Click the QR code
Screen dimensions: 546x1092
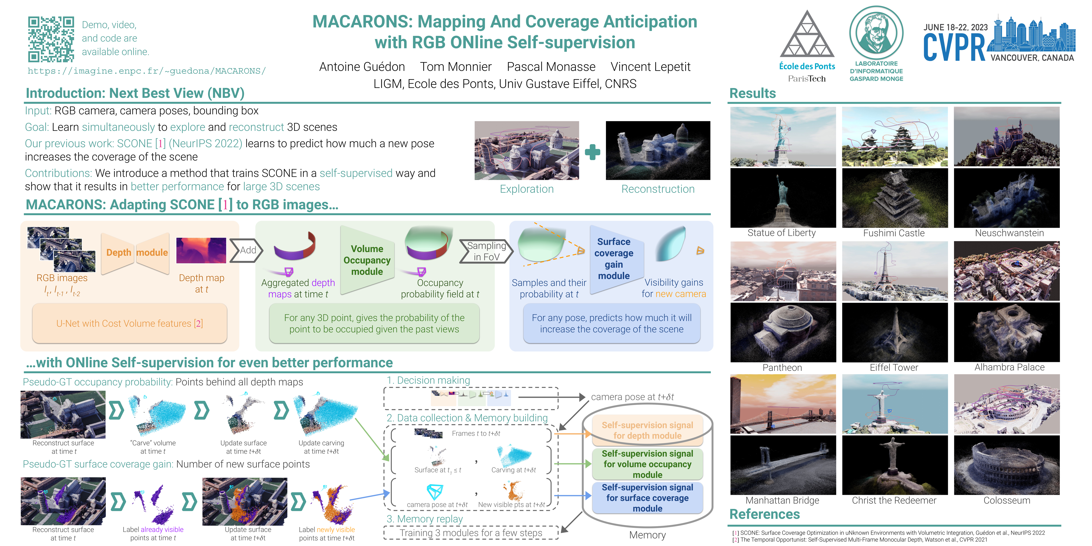point(51,39)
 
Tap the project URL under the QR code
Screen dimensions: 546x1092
point(147,71)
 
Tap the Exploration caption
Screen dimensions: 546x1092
point(527,189)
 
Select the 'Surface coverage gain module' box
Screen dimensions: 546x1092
point(614,258)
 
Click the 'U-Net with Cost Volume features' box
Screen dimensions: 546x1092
point(130,324)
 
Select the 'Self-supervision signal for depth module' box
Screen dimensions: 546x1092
point(647,430)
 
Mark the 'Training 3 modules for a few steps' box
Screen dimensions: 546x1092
point(470,533)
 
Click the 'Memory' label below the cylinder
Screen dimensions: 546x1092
point(647,535)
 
